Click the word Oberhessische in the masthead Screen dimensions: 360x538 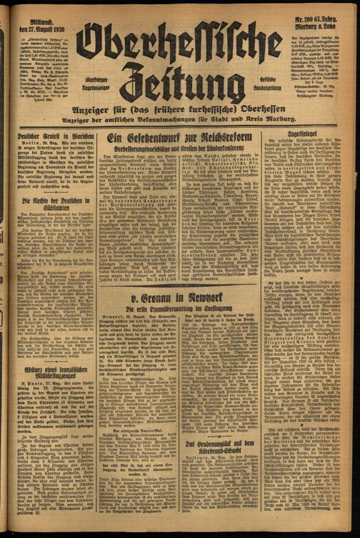[x=178, y=44]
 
